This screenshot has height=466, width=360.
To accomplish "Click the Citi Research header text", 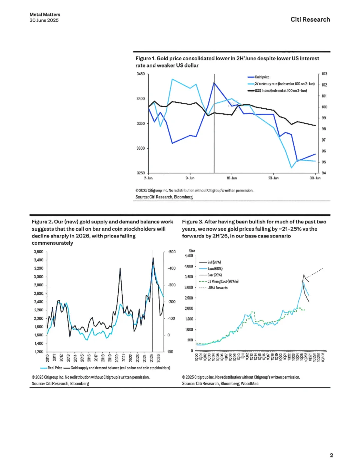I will pyautogui.click(x=310, y=19).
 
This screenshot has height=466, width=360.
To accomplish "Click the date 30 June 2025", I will pyautogui.click(x=44, y=20).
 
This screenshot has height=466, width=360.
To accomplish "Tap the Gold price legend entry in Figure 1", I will pyautogui.click(x=262, y=77).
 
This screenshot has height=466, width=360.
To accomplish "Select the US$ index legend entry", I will pyautogui.click(x=280, y=91).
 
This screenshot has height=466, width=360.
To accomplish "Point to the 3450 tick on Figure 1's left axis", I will pyautogui.click(x=141, y=74).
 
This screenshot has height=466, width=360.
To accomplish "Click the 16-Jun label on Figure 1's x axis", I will pyautogui.click(x=232, y=178).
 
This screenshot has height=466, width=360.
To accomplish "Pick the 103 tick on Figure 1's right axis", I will pyautogui.click(x=324, y=74).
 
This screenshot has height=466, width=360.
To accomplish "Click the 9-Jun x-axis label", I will pyautogui.click(x=190, y=178).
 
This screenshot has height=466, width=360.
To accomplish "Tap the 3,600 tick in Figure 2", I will pyautogui.click(x=39, y=252).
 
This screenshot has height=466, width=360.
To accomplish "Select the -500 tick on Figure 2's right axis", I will pyautogui.click(x=172, y=252).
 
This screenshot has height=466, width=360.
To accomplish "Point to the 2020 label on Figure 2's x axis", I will pyautogui.click(x=117, y=358).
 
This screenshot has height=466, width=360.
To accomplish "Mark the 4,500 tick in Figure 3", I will pyautogui.click(x=189, y=256).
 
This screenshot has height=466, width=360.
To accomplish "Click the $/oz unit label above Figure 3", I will pyautogui.click(x=192, y=251).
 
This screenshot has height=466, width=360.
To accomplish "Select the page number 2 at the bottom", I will pyautogui.click(x=331, y=455).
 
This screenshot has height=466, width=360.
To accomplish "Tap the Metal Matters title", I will pyautogui.click(x=45, y=14).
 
